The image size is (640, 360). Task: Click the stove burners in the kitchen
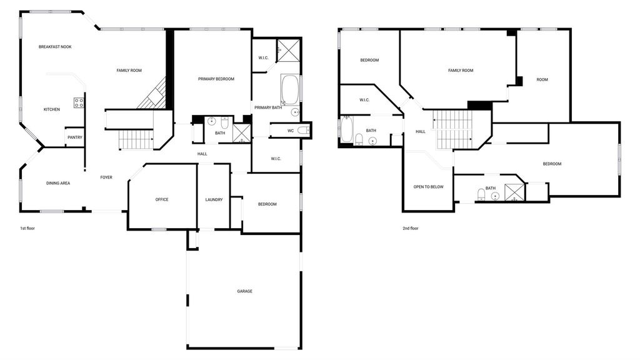[79, 103]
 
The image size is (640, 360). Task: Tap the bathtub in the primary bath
[290, 90]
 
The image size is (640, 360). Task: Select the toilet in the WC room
[303, 130]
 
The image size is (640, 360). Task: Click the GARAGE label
[244, 291]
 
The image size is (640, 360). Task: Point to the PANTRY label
[75, 137]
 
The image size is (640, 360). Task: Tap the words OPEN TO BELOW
[428, 187]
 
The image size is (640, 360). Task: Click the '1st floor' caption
[27, 228]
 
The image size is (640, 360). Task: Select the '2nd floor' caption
[410, 228]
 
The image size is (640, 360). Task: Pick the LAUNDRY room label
[214, 199]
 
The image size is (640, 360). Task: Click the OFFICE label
[162, 199]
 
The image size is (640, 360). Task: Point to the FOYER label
[106, 177]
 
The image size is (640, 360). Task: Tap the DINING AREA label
[58, 183]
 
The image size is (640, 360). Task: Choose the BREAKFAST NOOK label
[55, 47]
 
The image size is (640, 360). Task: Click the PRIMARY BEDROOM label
[216, 79]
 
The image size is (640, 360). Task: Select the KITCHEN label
[52, 109]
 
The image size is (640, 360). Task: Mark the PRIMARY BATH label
[268, 107]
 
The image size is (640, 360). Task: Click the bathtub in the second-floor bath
[346, 129]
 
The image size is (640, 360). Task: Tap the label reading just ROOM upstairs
[542, 79]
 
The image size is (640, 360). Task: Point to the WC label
[291, 131]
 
